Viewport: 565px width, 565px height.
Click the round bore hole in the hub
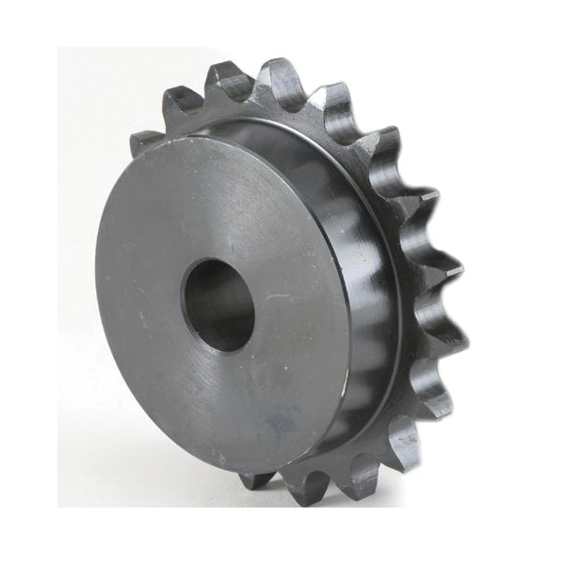pos(218,304)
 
